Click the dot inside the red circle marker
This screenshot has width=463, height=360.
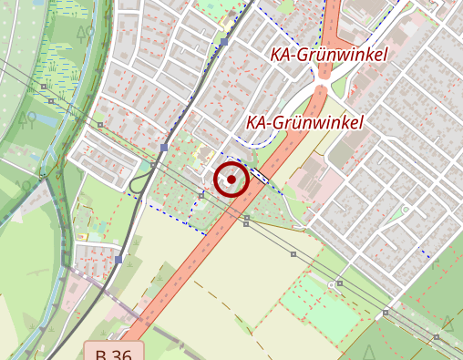pyautogui.click(x=231, y=180)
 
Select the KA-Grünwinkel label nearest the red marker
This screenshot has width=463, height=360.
pyautogui.click(x=304, y=122)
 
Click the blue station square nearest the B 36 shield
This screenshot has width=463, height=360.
pyautogui.click(x=118, y=260)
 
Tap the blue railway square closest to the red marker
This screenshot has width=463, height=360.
pyautogui.click(x=164, y=147)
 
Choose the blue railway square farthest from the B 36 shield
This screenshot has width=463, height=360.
pyautogui.click(x=224, y=42)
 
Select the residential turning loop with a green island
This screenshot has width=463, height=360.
pyautogui.click(x=405, y=211)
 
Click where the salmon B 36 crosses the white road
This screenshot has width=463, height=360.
pyautogui.click(x=322, y=88)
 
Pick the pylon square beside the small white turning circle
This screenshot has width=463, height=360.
pyautogui.click(x=339, y=283)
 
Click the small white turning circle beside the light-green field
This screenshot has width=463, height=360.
pyautogui.click(x=332, y=283)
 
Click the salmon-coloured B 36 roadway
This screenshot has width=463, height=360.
pyautogui.click(x=182, y=264)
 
